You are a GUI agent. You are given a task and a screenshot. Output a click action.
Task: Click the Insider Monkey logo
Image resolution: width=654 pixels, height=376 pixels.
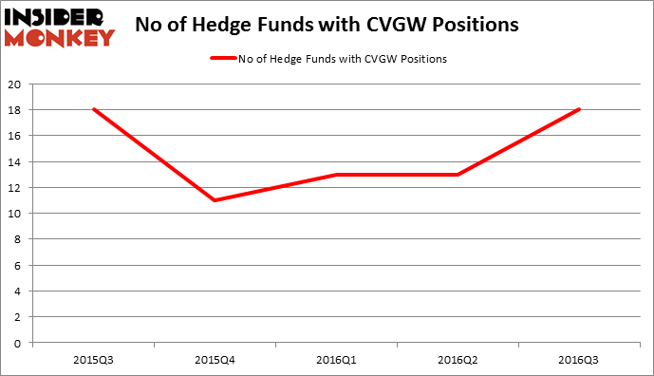point(60,26)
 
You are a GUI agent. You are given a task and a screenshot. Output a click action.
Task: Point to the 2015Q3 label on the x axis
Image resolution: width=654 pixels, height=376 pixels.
point(94,361)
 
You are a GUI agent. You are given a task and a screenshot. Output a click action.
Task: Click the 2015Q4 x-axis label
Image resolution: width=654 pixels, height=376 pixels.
point(215,361)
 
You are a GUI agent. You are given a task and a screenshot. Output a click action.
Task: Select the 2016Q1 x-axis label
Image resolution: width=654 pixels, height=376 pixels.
point(337,361)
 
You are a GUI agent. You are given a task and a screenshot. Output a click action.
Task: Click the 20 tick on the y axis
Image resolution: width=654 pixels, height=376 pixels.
point(16,84)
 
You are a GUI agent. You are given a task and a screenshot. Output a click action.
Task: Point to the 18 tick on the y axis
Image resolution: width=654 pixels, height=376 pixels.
point(16,109)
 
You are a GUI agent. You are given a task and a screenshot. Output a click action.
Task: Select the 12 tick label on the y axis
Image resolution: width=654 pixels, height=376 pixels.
point(16,187)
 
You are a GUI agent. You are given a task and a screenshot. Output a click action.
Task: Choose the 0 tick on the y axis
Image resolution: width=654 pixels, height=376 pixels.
point(20,343)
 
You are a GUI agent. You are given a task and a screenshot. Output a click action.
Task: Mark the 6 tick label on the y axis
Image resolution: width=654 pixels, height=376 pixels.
point(20,265)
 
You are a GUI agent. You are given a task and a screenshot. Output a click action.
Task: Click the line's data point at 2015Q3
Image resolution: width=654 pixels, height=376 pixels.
point(94,109)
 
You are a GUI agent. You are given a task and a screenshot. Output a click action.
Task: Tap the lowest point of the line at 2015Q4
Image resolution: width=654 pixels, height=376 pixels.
point(215,200)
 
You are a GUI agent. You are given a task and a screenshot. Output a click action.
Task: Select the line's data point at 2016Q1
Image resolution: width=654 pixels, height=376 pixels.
point(337,175)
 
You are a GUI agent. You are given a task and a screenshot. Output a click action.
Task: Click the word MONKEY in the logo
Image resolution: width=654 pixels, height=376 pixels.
point(60,38)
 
